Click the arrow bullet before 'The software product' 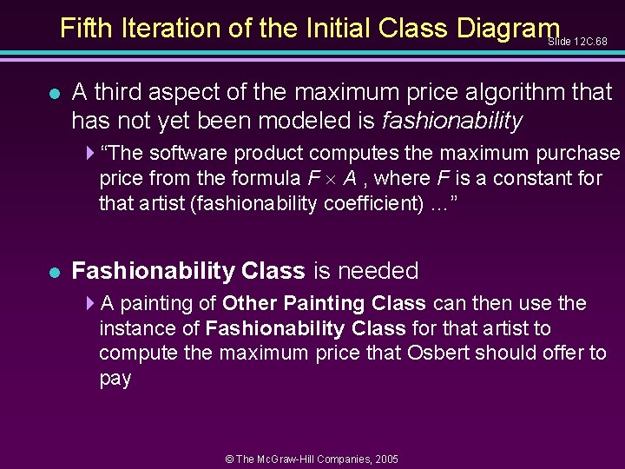92,154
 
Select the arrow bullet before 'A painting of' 92,304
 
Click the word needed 378,271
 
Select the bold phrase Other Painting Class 324,304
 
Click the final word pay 115,380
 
